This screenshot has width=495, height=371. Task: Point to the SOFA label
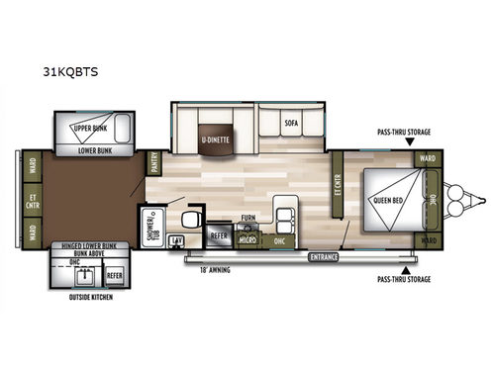pyautogui.click(x=291, y=124)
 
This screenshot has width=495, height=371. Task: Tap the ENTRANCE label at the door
pyautogui.click(x=323, y=257)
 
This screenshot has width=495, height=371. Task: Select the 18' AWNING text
pyautogui.click(x=216, y=268)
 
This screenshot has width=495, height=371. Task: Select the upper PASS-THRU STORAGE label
pyautogui.click(x=403, y=131)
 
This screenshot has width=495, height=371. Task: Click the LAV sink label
pyautogui.click(x=176, y=240)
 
